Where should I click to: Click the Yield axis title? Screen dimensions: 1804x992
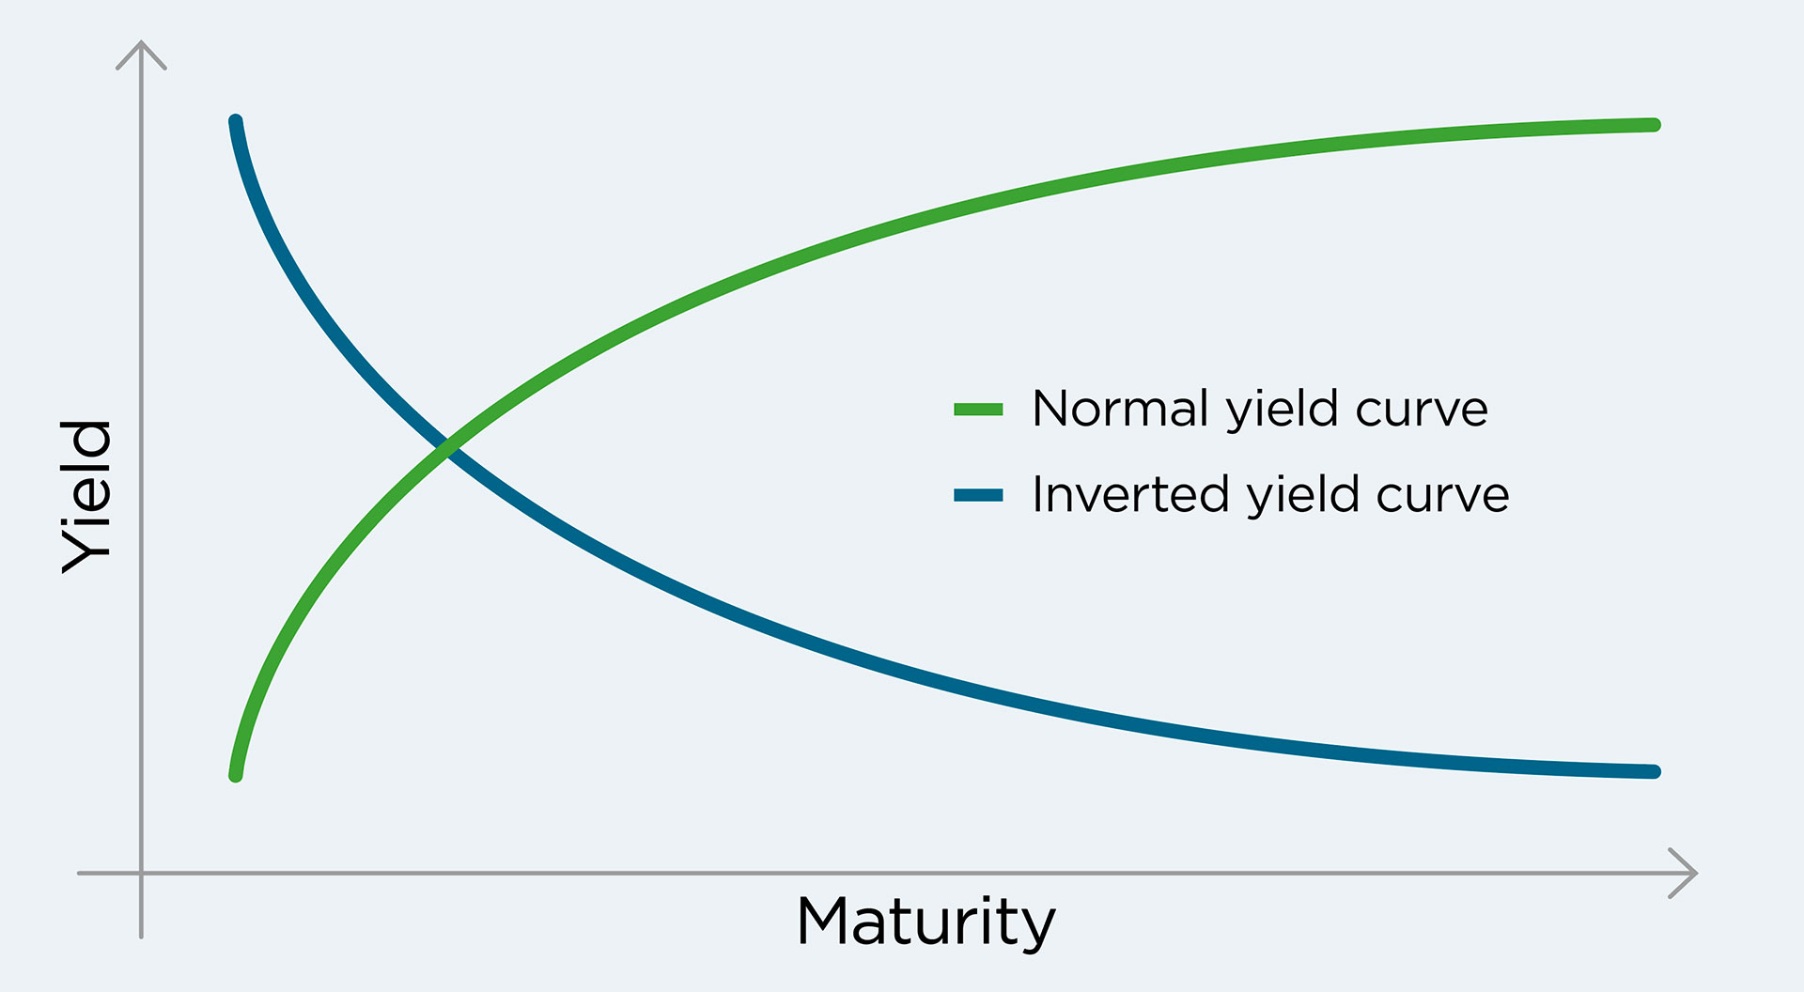coord(86,496)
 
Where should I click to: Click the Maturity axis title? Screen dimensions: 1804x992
coord(926,922)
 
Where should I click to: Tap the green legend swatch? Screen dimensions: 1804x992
coord(978,410)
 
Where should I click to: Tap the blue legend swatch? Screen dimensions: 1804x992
coord(978,495)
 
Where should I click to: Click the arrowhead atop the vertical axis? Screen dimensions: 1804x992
coord(141,54)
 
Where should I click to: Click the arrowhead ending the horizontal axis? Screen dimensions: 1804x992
coord(1684,873)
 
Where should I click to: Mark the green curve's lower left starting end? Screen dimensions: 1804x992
coord(236,776)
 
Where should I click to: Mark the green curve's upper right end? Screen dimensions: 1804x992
coord(1655,125)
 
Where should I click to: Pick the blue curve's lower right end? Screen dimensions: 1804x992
coord(1655,772)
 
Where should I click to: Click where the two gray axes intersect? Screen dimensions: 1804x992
coord(141,873)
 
